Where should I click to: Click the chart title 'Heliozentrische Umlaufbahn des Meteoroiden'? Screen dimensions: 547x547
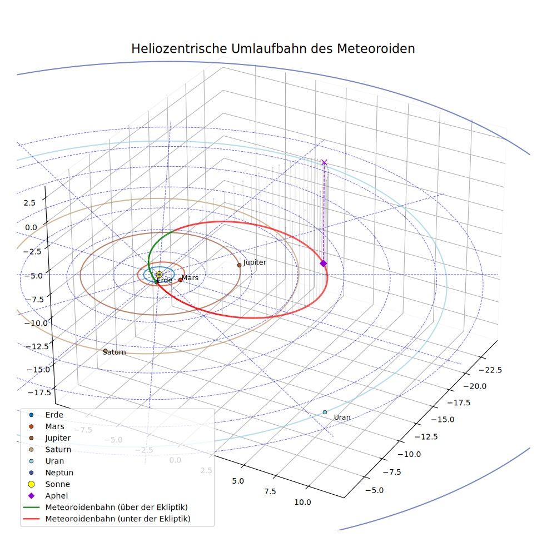[273, 48]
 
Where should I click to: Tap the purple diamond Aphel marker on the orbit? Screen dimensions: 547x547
[324, 263]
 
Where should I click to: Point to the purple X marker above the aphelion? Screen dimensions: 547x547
[324, 162]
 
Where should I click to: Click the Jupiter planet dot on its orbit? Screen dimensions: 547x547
[239, 265]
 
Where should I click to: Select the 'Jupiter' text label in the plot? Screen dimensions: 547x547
[255, 262]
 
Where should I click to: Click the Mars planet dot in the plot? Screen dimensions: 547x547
[180, 280]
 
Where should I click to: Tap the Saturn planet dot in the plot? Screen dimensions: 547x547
[106, 351]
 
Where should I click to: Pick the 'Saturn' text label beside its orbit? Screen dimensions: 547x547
[115, 352]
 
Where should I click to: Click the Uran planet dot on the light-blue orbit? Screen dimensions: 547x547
[325, 412]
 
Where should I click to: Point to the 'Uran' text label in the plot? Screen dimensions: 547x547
[342, 417]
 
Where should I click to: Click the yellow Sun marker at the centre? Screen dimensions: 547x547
[159, 275]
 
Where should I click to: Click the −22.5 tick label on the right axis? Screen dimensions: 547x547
[490, 370]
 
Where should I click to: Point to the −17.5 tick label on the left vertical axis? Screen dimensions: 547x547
[39, 392]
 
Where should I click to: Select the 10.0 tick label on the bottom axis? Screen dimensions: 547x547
[302, 503]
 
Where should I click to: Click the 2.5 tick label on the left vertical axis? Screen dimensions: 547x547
[29, 203]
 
